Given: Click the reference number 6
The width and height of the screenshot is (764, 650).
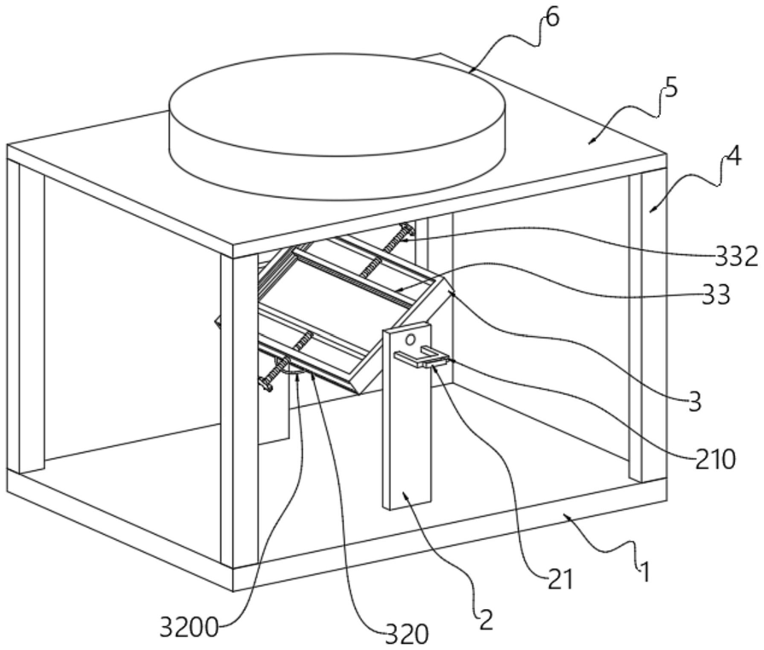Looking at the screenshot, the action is tap(552, 18).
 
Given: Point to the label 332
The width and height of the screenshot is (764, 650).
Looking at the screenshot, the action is tap(736, 256).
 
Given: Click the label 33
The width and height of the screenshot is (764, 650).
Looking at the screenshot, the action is tap(715, 294).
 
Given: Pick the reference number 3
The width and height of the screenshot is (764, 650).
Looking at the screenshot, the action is tap(696, 402).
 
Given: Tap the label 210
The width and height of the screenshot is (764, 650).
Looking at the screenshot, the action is tap(714, 459).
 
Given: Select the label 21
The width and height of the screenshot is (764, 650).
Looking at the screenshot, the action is tap(560, 579).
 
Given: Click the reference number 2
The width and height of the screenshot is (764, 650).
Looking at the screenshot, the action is tap(486, 620).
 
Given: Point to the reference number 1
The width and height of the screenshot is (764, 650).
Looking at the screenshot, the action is tap(644, 572).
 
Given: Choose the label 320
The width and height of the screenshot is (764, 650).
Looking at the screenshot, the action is tap(407, 635).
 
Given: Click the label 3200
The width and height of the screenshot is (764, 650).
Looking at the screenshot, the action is tap(189, 627).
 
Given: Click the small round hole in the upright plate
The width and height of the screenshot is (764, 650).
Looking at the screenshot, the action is tap(411, 338).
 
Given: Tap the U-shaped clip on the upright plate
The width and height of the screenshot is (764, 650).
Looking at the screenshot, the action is tap(421, 357).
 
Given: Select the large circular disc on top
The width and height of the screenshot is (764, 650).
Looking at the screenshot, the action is tap(336, 126).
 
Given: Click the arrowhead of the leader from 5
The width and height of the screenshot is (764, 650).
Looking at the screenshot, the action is tap(592, 142).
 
